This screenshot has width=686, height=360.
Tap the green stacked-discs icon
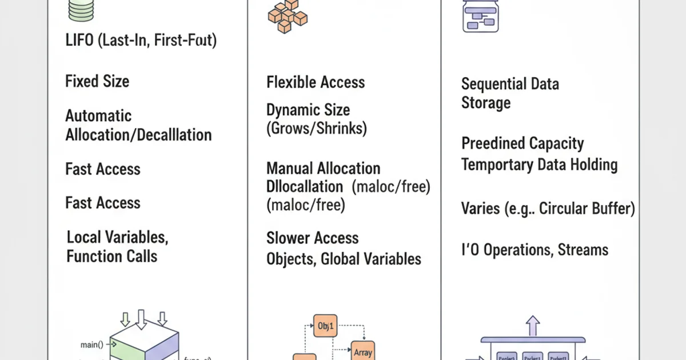[x=81, y=10]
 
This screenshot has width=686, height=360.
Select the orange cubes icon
[x=287, y=16]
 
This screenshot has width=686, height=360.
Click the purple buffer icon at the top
[x=480, y=16]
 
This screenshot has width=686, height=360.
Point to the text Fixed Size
[x=97, y=81]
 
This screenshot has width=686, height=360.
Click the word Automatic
[x=98, y=116]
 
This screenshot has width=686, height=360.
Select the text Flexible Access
[x=316, y=82]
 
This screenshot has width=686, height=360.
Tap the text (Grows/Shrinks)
[x=316, y=128]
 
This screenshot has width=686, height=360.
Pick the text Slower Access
[x=313, y=238]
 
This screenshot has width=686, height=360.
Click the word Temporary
[x=496, y=165]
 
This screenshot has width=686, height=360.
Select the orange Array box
[x=362, y=351]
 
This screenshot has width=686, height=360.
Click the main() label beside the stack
[x=93, y=345]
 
